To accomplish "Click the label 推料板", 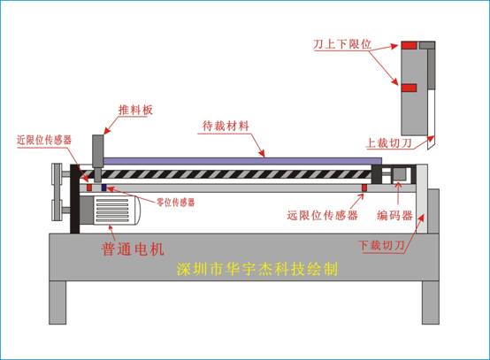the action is [x=135, y=110].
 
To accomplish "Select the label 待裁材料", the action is [x=226, y=126].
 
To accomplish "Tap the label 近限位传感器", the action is [x=44, y=140].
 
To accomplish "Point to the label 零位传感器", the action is [x=176, y=203].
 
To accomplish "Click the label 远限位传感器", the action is [x=322, y=215].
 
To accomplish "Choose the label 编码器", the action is [x=395, y=215].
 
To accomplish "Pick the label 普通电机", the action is [x=133, y=249].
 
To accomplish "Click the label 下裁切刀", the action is [x=381, y=245].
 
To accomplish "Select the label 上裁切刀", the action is [x=389, y=142].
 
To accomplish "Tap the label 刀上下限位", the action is [x=342, y=44].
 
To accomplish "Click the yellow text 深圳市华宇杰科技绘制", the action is [x=257, y=269].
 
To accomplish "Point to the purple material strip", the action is [x=242, y=161].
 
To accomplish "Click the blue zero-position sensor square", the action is [x=104, y=188].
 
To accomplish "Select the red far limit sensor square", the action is [x=364, y=188].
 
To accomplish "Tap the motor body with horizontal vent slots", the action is [x=110, y=210].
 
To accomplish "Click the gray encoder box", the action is [x=399, y=174].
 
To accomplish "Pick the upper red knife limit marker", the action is [x=409, y=46].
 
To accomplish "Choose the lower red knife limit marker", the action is [x=409, y=88].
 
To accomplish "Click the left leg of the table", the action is [x=57, y=303].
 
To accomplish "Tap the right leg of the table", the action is [x=431, y=303].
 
